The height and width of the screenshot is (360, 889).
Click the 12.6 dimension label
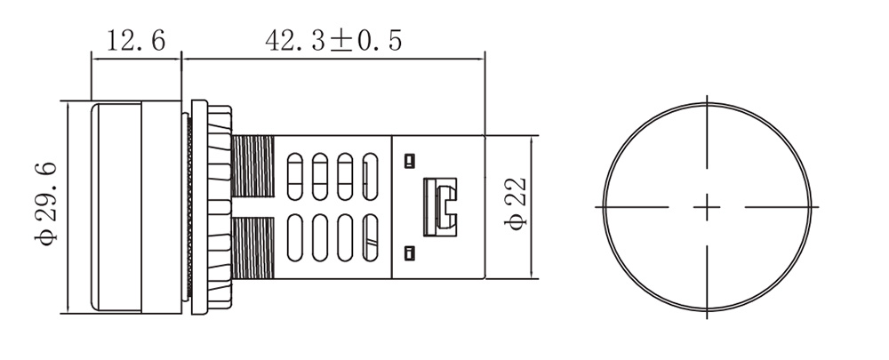(x=136, y=41)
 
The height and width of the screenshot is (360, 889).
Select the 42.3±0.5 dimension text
(x=333, y=41)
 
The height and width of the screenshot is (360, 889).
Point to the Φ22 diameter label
(x=516, y=204)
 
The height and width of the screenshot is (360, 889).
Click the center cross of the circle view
(x=707, y=207)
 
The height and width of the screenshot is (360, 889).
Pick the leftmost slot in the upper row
(x=295, y=176)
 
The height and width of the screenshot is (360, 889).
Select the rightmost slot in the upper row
(x=370, y=176)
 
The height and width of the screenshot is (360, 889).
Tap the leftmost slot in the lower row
(x=295, y=237)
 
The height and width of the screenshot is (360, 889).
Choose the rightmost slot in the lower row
(x=370, y=237)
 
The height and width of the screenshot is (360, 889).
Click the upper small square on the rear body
(x=409, y=161)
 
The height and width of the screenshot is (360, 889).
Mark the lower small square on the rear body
(x=409, y=253)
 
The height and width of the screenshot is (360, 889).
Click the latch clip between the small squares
(x=440, y=207)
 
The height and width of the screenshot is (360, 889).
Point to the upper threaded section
(x=252, y=165)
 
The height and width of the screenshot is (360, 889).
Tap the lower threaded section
(x=252, y=248)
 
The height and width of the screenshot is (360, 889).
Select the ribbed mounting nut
(x=220, y=207)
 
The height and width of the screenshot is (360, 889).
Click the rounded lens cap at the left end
(x=116, y=207)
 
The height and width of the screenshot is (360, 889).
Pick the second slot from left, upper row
(x=320, y=176)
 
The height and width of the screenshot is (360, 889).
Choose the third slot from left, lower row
(x=345, y=237)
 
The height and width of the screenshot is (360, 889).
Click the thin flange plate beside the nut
(x=199, y=207)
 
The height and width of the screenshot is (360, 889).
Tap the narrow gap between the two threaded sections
(x=252, y=207)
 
